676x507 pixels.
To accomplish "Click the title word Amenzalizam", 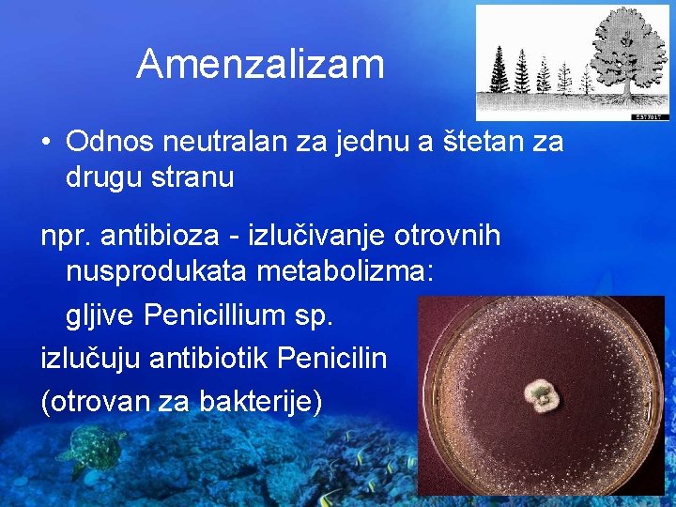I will tap(260, 64).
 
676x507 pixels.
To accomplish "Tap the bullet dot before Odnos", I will tap(45, 143).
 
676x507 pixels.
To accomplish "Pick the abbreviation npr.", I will tap(65, 237).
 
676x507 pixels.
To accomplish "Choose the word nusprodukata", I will tap(155, 272).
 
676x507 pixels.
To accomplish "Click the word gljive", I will tap(100, 315).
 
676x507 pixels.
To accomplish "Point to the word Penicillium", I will tap(219, 315).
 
